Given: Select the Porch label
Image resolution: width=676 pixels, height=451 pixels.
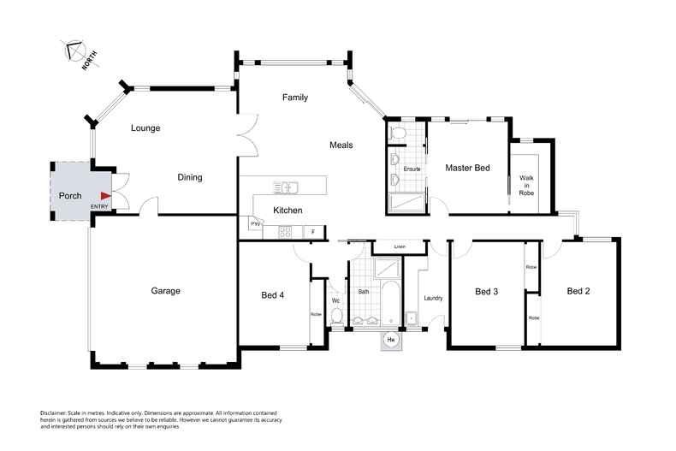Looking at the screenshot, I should pos(70,196).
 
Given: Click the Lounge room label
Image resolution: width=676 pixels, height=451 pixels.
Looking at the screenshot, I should pos(145,128).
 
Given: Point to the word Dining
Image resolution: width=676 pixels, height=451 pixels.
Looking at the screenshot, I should pos(189,178).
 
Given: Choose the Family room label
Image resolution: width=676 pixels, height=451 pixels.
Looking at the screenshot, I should pos(295,98).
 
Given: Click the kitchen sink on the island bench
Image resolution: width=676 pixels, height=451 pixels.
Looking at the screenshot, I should pos(285,187).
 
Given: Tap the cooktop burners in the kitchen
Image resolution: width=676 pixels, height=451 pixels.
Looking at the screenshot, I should pos(284,232).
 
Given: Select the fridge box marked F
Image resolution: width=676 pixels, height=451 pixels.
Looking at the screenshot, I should pos(314,232).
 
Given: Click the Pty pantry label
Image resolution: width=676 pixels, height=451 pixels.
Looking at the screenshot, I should pos(254,224).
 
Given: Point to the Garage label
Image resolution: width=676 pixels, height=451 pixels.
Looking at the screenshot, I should pos(165,291).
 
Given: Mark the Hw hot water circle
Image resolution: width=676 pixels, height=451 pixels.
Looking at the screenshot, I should pos(392,340).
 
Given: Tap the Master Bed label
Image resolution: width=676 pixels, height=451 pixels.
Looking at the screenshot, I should pos(467,169).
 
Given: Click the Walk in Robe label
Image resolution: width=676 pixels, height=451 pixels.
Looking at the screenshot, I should pos(526,186).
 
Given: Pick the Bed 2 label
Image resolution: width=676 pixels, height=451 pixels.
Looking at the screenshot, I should pos(578,291).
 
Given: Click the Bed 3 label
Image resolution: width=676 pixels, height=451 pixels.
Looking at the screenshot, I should pos(486,291).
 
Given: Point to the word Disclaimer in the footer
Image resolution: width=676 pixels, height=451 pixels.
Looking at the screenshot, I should pos(55,412).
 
